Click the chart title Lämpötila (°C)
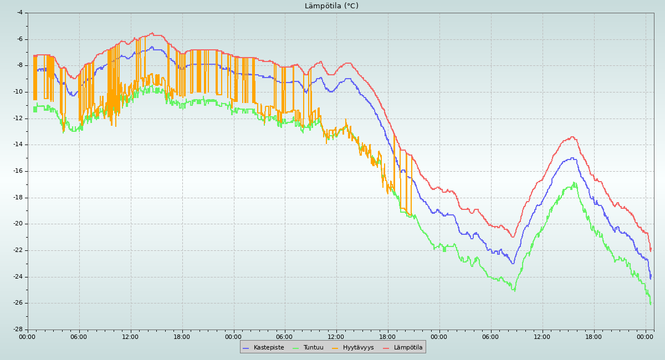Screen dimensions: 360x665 (331, 6)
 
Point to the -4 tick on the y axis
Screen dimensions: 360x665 (19, 12)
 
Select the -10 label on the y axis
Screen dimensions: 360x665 (18, 91)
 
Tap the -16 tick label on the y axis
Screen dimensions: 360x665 (18, 171)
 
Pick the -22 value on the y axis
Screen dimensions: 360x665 (18, 250)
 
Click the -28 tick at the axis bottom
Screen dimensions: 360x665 (18, 329)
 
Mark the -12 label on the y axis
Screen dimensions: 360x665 (18, 118)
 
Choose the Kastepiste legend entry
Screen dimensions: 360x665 (269, 347)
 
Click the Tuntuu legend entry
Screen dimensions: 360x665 (313, 347)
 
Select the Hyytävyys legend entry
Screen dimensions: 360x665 (358, 347)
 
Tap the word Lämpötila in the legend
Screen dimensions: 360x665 (408, 347)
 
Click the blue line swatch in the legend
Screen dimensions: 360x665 (246, 347)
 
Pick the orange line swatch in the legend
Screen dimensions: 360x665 (335, 347)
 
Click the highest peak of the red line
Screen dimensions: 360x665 (152, 33)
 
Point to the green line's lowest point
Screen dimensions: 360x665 (650, 304)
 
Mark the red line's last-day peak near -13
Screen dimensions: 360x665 (572, 137)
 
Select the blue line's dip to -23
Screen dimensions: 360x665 (513, 263)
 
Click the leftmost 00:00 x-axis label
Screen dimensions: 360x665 (28, 336)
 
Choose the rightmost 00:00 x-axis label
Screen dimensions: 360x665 (645, 336)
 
